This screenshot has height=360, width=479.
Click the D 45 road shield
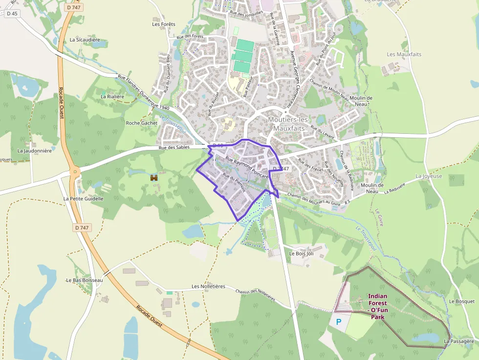coord(12,14)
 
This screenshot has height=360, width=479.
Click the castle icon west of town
coord(154,178)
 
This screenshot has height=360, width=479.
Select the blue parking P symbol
coord(339,322)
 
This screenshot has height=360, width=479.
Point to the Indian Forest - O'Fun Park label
coord(377,306)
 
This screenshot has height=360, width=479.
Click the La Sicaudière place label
coord(85,40)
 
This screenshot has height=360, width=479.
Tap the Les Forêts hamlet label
coord(163,24)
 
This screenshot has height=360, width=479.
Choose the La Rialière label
coord(112,97)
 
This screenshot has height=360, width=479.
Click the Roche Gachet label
coord(142,123)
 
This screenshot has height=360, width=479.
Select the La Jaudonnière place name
coord(34,151)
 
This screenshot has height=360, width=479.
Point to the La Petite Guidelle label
coord(84,199)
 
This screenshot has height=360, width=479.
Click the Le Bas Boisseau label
coord(85,280)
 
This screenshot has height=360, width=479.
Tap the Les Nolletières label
coord(208,286)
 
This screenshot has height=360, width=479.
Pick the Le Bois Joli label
coord(301,254)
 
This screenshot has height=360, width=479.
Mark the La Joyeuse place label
coord(429,176)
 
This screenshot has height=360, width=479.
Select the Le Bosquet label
coord(461,301)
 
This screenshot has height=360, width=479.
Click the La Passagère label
coord(459,341)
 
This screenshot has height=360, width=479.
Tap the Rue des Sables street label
coord(174,148)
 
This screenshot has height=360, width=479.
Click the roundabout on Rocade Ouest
coord(75,171)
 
